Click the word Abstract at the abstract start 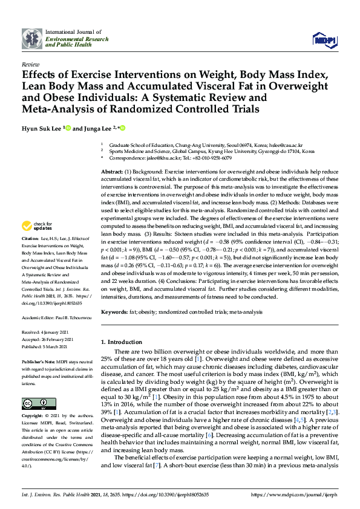point(112,173)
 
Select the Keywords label point(116,312)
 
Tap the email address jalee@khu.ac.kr point(161,158)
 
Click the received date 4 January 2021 point(59,332)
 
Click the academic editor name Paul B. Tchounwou point(73,316)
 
